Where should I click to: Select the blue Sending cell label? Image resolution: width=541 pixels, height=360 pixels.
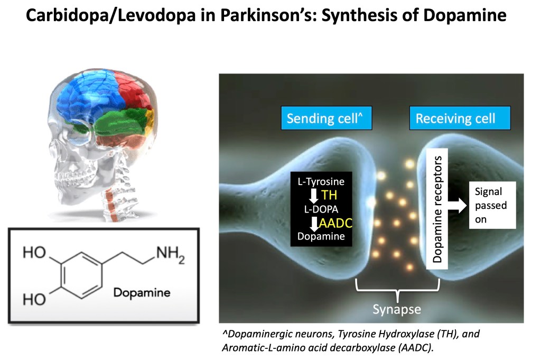click(x=327, y=118)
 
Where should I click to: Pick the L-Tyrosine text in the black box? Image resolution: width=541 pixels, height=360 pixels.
click(x=320, y=182)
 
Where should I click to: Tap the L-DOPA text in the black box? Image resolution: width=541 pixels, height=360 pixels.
click(x=319, y=209)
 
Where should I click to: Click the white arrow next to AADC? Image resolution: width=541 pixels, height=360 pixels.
click(x=313, y=224)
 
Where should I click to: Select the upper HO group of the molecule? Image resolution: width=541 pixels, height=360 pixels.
click(x=34, y=254)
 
